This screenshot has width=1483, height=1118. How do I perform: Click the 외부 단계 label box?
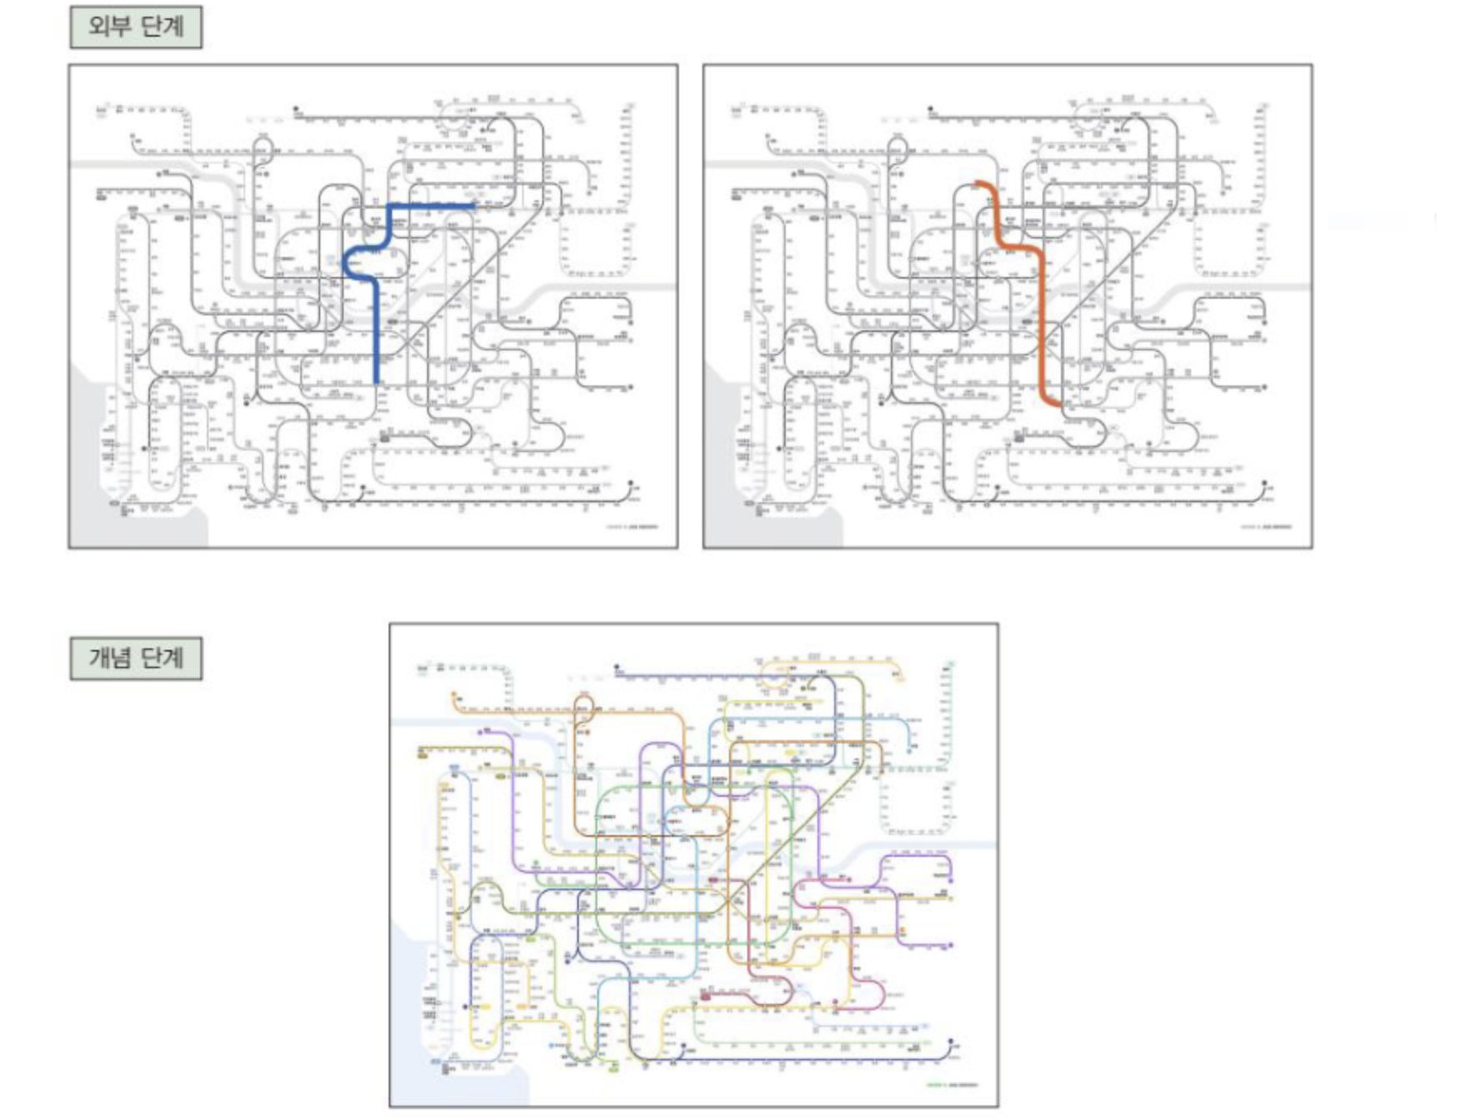click(x=136, y=28)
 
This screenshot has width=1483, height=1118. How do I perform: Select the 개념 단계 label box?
click(x=136, y=658)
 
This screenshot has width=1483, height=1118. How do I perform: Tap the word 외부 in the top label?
click(x=109, y=28)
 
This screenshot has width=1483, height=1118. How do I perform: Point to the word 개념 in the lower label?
click(x=109, y=658)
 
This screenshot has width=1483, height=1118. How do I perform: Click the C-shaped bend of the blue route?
click(x=348, y=264)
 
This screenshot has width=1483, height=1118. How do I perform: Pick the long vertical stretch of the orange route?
click(x=1042, y=317)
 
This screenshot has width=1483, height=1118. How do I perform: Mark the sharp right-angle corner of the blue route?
click(x=390, y=206)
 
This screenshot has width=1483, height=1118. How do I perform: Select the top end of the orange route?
click(x=979, y=183)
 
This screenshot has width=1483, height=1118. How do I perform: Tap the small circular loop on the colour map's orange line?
click(x=582, y=708)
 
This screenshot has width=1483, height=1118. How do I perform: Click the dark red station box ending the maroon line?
click(x=705, y=995)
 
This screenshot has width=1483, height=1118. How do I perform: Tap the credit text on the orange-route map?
click(x=1266, y=526)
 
